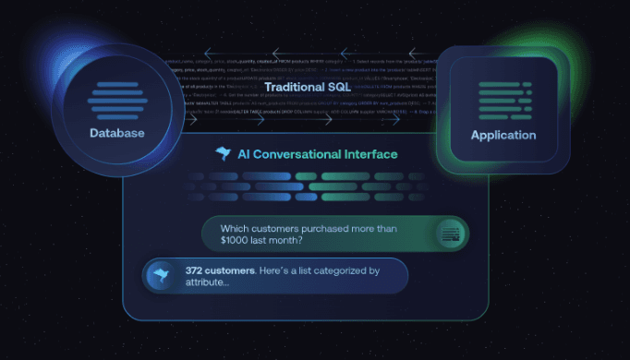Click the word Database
coord(117,134)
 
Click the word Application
coord(503,135)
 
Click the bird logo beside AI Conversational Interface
coord(223,153)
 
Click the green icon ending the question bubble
coord(450,233)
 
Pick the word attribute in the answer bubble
coord(212,283)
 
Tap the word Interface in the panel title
coord(370,154)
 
